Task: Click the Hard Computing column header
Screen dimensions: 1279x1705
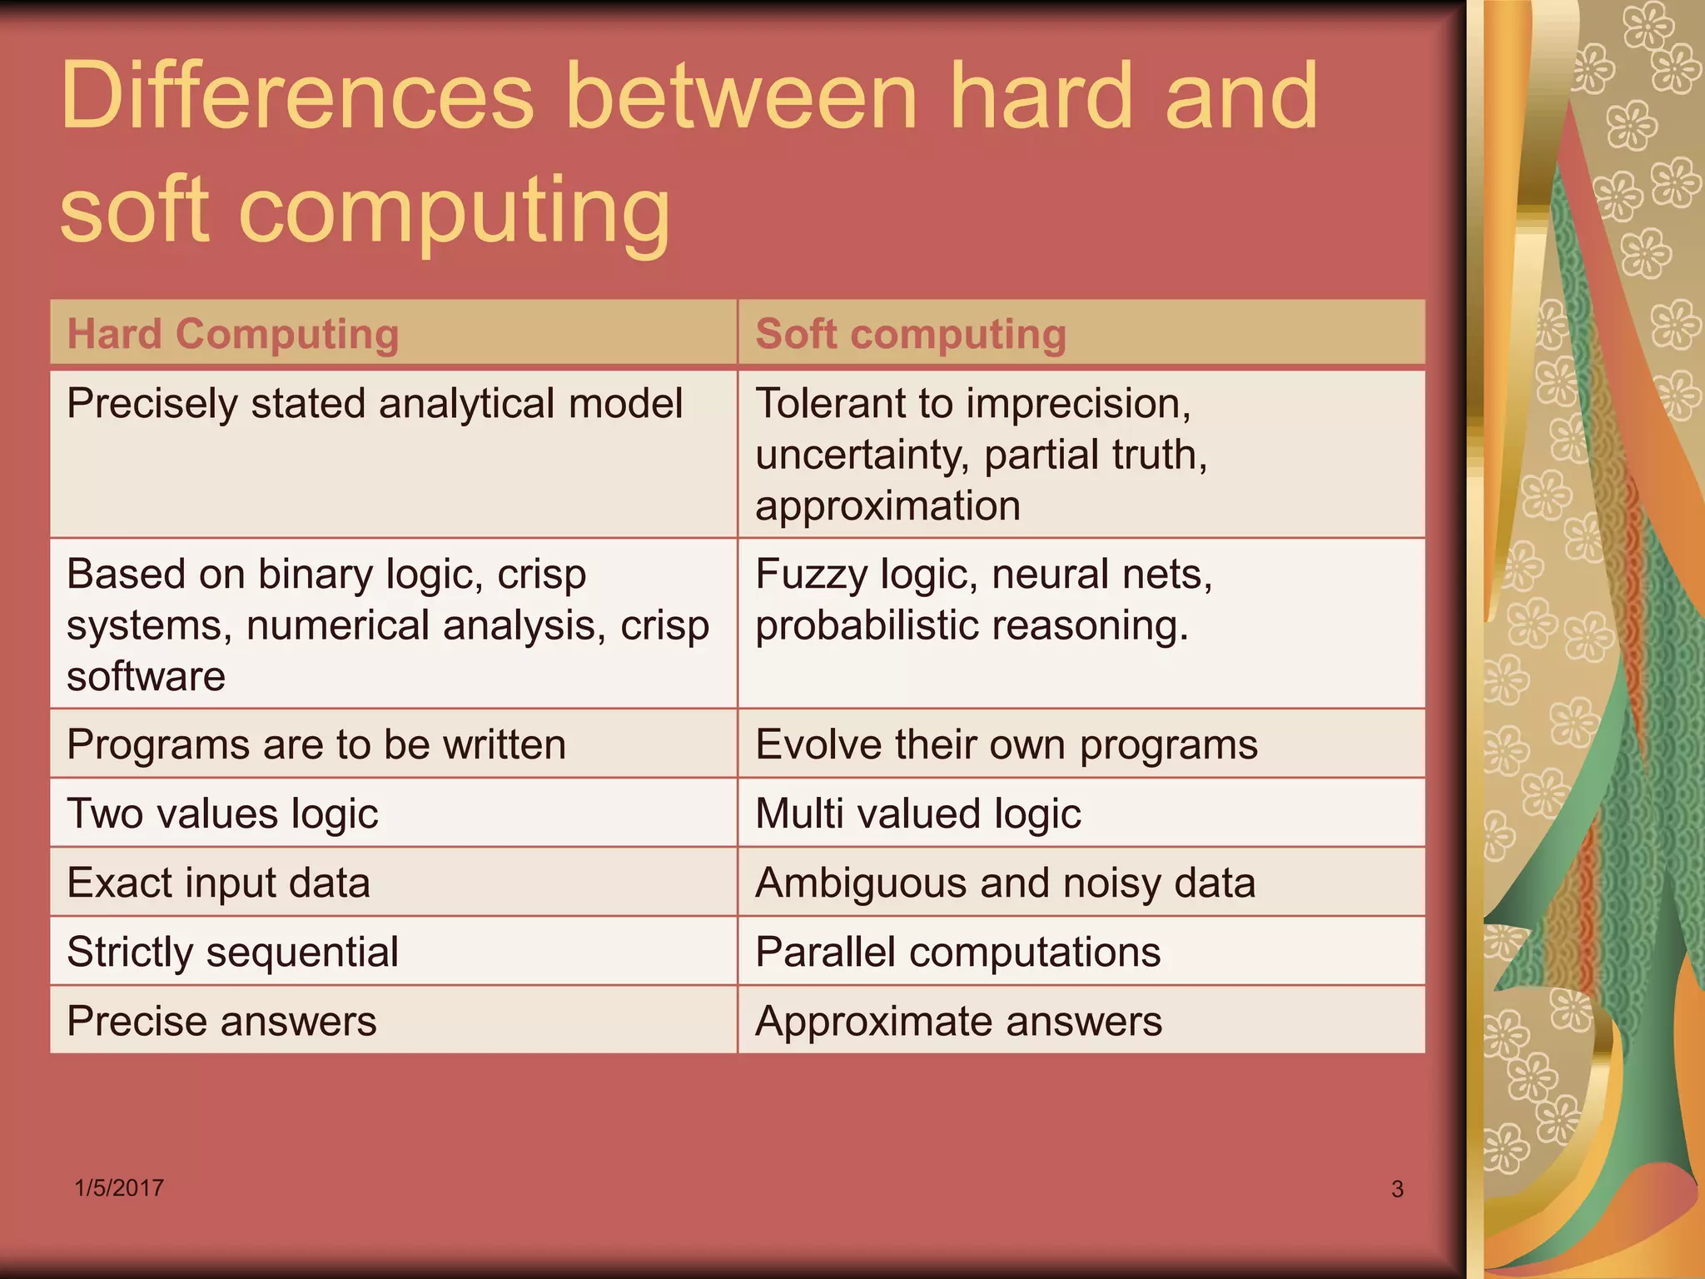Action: pyautogui.click(x=233, y=334)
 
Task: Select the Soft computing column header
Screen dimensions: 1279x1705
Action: pyautogui.click(x=911, y=334)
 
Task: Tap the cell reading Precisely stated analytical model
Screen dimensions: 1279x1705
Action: pyautogui.click(x=375, y=404)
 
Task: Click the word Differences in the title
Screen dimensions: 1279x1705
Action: pyautogui.click(x=296, y=97)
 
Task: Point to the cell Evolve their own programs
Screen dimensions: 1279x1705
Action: pyautogui.click(x=1007, y=744)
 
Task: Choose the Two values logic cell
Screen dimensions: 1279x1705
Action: pyautogui.click(x=222, y=813)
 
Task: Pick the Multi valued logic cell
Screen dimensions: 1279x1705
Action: pyautogui.click(x=918, y=813)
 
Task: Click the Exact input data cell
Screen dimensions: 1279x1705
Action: pyautogui.click(x=218, y=882)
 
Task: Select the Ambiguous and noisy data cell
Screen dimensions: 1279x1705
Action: pyautogui.click(x=1005, y=882)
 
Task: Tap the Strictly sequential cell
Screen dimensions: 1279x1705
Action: pyautogui.click(x=232, y=951)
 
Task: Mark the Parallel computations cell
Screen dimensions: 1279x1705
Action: pyautogui.click(x=957, y=951)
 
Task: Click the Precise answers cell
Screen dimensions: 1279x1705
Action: pyautogui.click(x=221, y=1020)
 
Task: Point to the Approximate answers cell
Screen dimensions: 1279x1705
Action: pyautogui.click(x=958, y=1020)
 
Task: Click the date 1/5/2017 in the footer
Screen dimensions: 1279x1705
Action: pyautogui.click(x=119, y=1187)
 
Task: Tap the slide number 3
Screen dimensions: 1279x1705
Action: pyautogui.click(x=1397, y=1189)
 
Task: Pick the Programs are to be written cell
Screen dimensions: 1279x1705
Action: pyautogui.click(x=316, y=744)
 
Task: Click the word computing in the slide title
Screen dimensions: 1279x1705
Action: pyautogui.click(x=454, y=210)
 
